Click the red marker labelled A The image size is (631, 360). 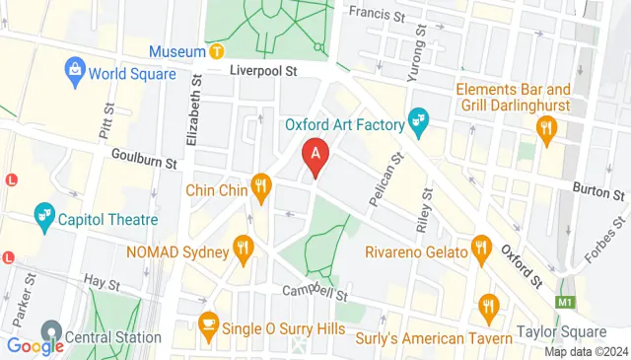click(315, 154)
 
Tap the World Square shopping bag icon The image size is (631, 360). click(74, 70)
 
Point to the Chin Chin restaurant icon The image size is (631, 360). click(260, 183)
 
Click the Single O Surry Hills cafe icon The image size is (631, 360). click(208, 323)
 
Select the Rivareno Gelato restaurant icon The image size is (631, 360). click(481, 248)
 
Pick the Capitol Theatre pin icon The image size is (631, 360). click(43, 215)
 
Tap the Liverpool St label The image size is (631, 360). click(263, 72)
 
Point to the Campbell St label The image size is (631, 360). click(316, 292)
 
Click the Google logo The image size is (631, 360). click(35, 345)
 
